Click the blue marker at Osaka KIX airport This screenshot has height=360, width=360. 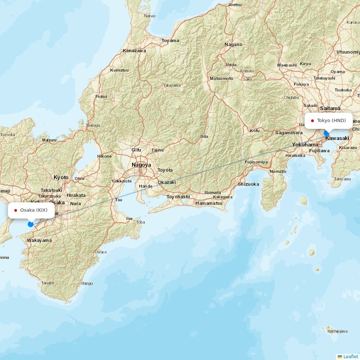point(31,224)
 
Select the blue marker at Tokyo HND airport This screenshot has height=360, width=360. point(327,133)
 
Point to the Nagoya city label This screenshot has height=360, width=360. point(141,165)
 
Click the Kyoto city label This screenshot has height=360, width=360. point(61,177)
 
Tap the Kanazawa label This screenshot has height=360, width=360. point(134,51)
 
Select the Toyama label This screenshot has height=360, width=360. point(170,40)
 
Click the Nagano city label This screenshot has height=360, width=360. point(233,45)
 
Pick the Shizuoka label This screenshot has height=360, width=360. point(248,184)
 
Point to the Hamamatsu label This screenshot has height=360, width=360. point(209,203)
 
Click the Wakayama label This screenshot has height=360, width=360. point(39,240)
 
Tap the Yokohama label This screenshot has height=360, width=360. point(305,144)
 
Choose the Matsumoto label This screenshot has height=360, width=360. point(221,78)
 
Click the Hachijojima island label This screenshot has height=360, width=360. point(338,331)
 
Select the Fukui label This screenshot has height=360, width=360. point(101,96)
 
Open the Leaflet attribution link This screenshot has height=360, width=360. point(350,356)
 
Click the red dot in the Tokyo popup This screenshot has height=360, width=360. point(312,121)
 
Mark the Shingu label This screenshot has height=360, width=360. point(86,283)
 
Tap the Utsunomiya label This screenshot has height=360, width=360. point(348,52)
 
